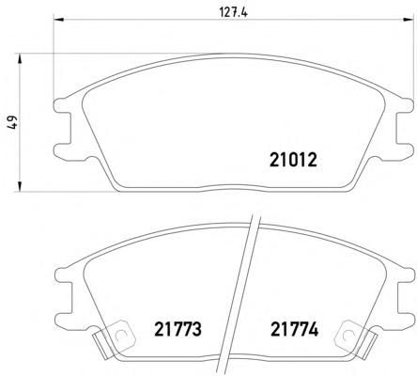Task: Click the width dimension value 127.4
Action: tap(233, 13)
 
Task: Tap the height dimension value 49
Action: tap(13, 122)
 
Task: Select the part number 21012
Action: tap(293, 160)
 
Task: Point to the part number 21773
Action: tap(178, 329)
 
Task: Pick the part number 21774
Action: tap(294, 329)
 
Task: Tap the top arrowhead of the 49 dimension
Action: tap(20, 58)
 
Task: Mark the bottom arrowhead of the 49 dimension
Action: tap(20, 186)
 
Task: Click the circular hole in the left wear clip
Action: tap(120, 336)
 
